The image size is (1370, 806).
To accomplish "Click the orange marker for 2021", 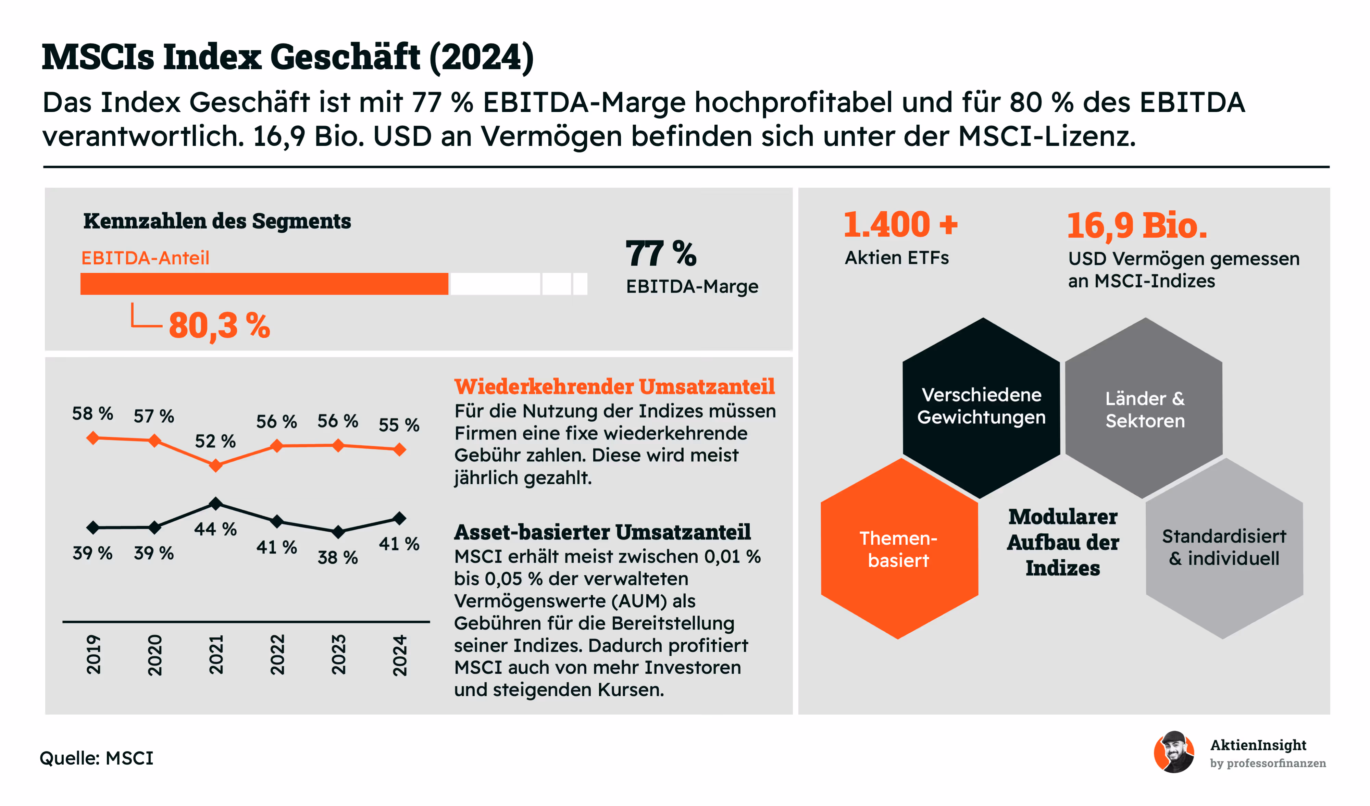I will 216,466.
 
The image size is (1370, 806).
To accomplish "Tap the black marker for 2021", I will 216,503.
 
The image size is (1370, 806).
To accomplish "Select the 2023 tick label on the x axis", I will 338,655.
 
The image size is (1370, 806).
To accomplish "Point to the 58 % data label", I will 92,413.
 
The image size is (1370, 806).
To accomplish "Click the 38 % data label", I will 338,557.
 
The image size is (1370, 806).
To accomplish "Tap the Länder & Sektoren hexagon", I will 1144,409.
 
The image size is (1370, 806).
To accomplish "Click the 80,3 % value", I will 219,326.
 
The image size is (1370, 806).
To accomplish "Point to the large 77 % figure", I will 661,253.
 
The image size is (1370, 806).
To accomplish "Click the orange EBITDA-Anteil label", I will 145,258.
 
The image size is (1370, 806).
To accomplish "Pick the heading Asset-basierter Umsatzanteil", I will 602,532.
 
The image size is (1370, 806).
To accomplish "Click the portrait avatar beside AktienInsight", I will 1174,752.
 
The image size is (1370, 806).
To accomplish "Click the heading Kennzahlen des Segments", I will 217,221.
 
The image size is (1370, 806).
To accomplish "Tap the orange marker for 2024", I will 400,450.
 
